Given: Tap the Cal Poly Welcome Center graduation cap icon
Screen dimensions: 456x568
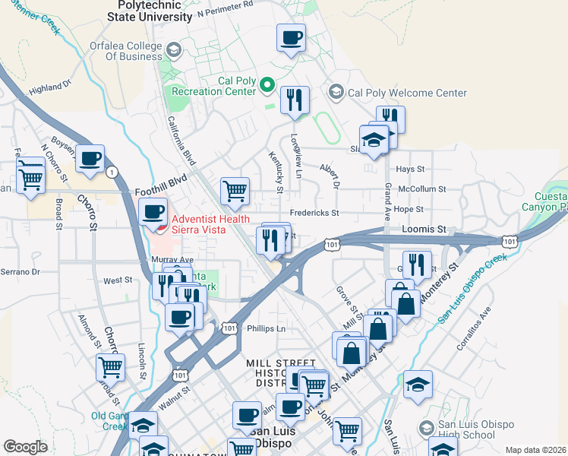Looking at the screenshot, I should pos(336,93).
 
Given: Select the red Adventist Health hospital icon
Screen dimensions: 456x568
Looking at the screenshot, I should pos(158,225).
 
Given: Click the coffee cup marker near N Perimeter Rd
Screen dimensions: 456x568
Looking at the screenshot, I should pos(291,37).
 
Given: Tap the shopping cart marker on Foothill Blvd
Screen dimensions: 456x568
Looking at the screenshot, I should pos(235,191).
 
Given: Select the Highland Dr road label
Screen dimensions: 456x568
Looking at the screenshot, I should pos(49,88).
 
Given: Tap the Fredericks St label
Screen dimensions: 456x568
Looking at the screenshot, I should pos(313,214).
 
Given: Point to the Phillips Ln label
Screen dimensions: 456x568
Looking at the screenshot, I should pos(266,329).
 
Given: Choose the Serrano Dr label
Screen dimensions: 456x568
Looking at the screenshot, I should pos(20,271).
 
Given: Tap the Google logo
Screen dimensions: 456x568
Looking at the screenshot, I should pos(26,447).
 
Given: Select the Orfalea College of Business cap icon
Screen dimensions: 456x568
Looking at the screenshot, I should pos(173,50).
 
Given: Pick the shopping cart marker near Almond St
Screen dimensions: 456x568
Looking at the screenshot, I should pos(110,367).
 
